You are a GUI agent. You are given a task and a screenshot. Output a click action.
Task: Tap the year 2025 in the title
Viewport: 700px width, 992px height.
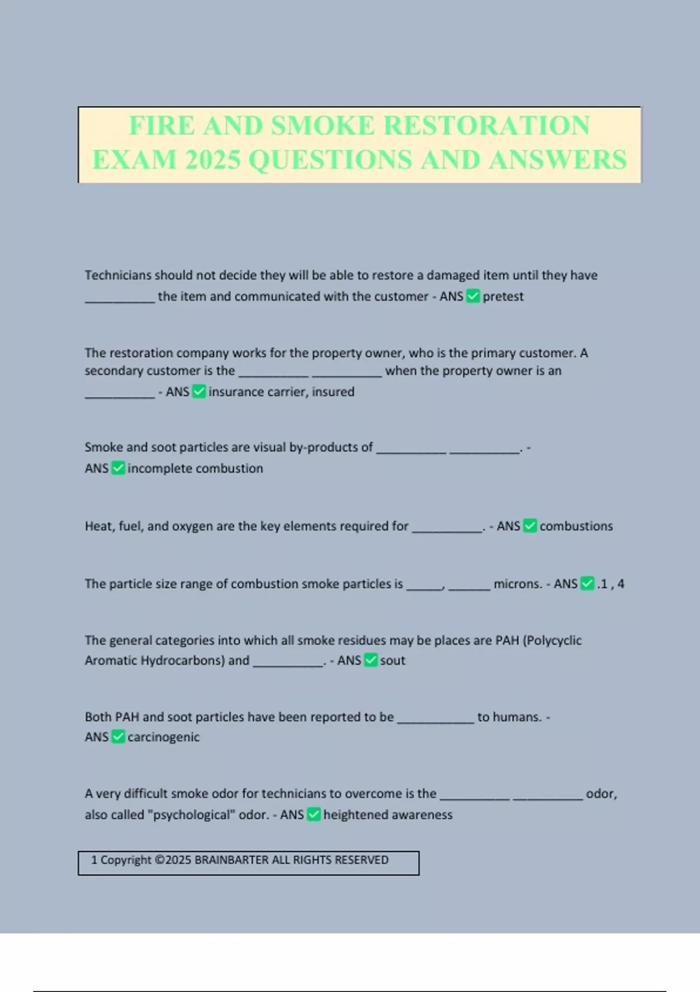[212, 160]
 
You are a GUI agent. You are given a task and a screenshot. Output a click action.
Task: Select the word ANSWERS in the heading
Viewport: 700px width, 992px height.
[558, 160]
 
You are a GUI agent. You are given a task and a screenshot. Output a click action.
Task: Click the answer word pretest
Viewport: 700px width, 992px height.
[503, 296]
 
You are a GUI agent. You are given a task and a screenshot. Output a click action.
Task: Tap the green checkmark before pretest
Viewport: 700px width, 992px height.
[473, 296]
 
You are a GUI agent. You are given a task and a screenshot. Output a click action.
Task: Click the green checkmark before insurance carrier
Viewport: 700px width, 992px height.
[199, 392]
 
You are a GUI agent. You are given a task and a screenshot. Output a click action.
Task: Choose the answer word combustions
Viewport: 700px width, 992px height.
[576, 526]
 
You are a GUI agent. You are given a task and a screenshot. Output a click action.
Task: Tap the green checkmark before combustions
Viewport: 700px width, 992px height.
[530, 526]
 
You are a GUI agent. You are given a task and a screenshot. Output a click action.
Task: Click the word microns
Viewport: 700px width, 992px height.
[517, 584]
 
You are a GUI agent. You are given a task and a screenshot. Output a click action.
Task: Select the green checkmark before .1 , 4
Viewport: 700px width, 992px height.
[587, 584]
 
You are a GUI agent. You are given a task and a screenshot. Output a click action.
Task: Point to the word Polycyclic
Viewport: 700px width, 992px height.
[552, 641]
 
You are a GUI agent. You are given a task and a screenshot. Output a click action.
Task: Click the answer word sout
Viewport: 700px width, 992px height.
[393, 661]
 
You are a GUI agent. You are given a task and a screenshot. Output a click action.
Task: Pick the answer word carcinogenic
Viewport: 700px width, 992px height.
[163, 737]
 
